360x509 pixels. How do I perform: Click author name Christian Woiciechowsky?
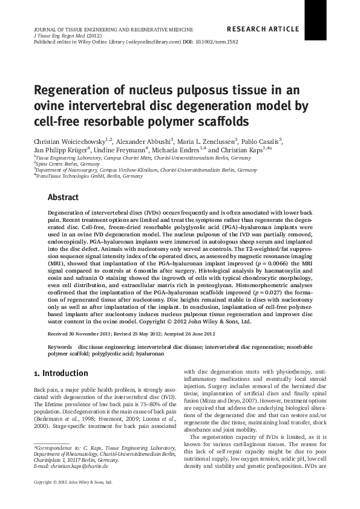click(72, 140)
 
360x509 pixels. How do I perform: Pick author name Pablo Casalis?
click(261, 140)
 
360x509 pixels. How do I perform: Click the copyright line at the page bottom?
click(73, 498)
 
